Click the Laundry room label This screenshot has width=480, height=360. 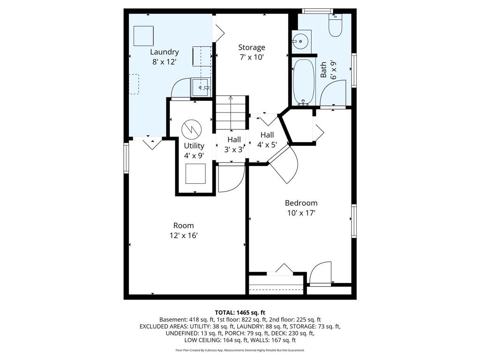point(165,57)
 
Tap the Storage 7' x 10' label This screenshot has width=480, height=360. point(252,52)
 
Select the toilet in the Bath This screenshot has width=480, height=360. point(335,25)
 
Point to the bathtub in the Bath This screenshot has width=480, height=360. point(304,82)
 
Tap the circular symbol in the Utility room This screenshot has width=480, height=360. point(191,129)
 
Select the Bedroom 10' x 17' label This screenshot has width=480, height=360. point(301,208)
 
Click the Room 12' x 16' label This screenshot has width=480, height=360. point(184,231)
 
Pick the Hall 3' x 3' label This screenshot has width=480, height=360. point(234,144)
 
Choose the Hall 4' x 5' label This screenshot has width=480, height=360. point(267,140)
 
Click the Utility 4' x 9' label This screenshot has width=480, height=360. point(194,150)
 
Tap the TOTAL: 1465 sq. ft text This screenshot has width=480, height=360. point(240,313)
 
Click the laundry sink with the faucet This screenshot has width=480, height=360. point(201,87)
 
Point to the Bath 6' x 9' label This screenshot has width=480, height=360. point(328,70)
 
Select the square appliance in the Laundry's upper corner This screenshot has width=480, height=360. point(143,36)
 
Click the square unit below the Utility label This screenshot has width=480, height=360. point(195,173)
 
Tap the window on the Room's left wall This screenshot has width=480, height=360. point(127,158)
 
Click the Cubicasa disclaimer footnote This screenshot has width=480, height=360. point(240,350)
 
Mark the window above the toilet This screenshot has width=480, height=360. point(317,11)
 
